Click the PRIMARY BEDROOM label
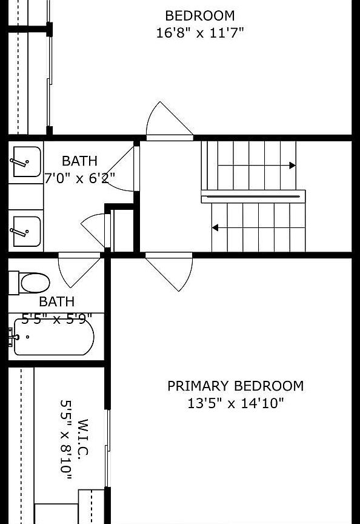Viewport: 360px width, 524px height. pos(235,386)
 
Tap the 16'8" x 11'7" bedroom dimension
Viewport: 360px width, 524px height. pos(200,33)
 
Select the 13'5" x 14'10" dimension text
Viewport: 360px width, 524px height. pos(235,403)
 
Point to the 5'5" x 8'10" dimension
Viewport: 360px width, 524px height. pos(66,440)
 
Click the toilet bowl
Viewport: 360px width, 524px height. pos(35,283)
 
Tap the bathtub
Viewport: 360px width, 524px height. pos(54,337)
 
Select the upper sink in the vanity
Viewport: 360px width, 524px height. pos(27,162)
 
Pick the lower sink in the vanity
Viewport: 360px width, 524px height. pos(27,232)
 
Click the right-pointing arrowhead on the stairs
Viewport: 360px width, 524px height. pos(293,166)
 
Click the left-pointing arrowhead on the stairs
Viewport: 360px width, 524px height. pos(215,227)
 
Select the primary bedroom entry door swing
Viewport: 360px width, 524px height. pos(169,272)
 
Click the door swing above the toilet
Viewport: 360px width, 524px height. pos(79,270)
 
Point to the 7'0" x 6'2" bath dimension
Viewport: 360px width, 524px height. pos(80,178)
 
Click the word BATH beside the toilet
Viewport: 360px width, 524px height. pos(57,302)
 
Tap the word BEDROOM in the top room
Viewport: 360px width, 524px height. pos(200,16)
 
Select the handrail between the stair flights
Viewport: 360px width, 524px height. pos(253,196)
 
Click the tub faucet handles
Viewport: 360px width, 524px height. pos(13,337)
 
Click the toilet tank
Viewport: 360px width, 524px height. pos(14,283)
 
